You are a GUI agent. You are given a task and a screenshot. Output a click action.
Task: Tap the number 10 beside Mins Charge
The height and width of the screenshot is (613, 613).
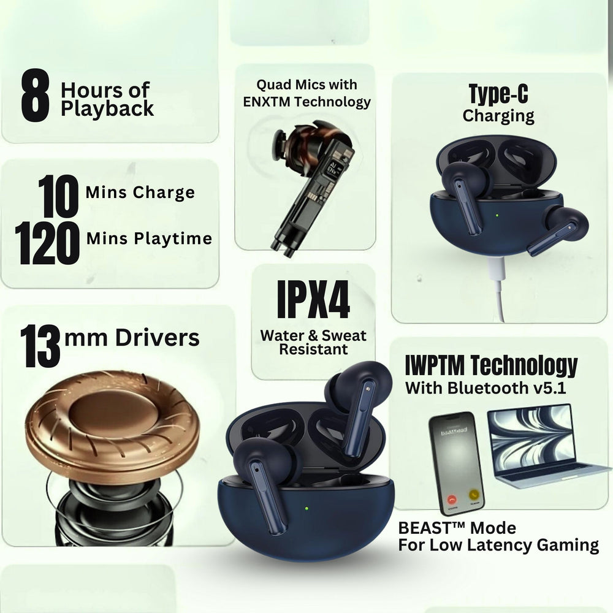tap(58, 196)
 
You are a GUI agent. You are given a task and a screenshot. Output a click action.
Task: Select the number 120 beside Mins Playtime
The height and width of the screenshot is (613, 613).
tap(48, 243)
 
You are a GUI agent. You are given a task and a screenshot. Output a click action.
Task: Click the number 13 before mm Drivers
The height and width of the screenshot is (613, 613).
tap(40, 346)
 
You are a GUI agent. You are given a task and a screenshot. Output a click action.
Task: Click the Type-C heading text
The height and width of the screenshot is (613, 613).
tap(498, 94)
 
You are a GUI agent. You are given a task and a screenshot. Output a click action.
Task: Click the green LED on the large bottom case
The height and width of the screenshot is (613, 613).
tap(305, 507)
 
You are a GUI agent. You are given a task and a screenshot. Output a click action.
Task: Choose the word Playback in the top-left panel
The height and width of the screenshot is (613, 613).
tap(108, 109)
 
